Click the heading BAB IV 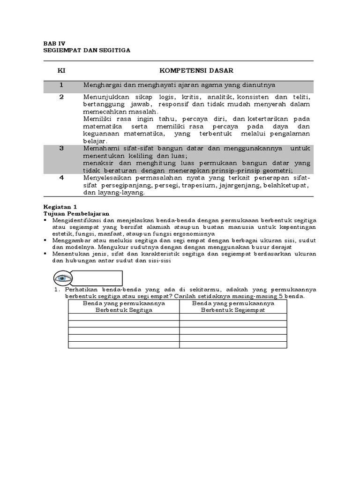click(52, 42)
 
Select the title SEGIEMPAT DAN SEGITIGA click(87, 49)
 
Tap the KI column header click(61, 71)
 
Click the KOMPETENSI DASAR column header click(196, 71)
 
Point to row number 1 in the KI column click(61, 85)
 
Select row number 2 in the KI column click(61, 97)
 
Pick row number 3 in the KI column click(61, 148)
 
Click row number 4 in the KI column click(61, 178)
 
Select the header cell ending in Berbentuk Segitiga click(124, 307)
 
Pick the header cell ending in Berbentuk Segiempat click(233, 307)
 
